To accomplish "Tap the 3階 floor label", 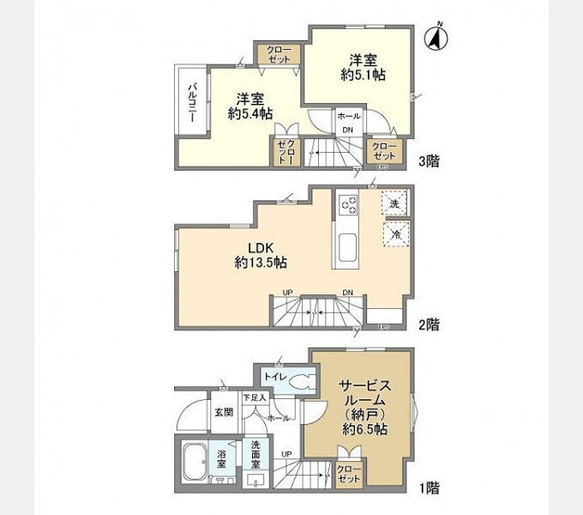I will pyautogui.click(x=429, y=161).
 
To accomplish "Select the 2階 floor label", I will pyautogui.click(x=429, y=325).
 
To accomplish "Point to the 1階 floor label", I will pyautogui.click(x=429, y=489).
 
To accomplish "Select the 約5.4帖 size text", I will pyautogui.click(x=250, y=112).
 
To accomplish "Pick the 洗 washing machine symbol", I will pyautogui.click(x=394, y=203).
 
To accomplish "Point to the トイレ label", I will pyautogui.click(x=274, y=374).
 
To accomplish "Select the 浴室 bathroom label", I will pyautogui.click(x=222, y=460).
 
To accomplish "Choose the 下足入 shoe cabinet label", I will pyautogui.click(x=255, y=397).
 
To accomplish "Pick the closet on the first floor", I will pyautogui.click(x=348, y=474).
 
